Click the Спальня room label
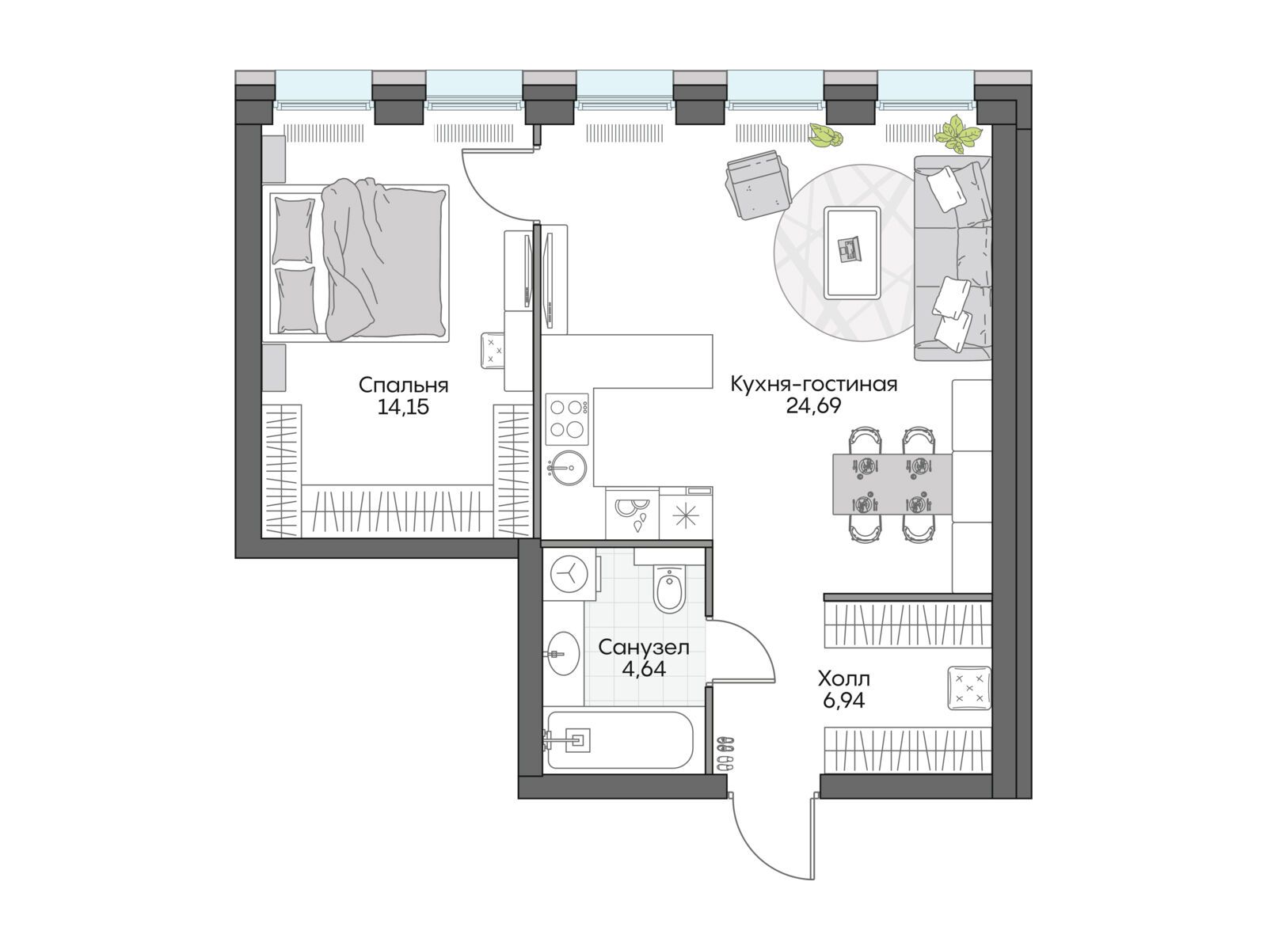pos(403,385)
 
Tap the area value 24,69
pos(813,406)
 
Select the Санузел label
pos(644,648)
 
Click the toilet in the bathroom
pos(670,587)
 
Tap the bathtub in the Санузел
pos(619,740)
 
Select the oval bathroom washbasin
pos(563,654)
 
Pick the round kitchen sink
pos(567,466)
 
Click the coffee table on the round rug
pos(852,253)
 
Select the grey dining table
pos(892,484)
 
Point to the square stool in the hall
pos(969,688)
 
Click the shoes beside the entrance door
pos(725,754)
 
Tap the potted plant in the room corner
pos(957,134)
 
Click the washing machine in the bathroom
pos(569,575)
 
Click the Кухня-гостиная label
pos(814,384)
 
